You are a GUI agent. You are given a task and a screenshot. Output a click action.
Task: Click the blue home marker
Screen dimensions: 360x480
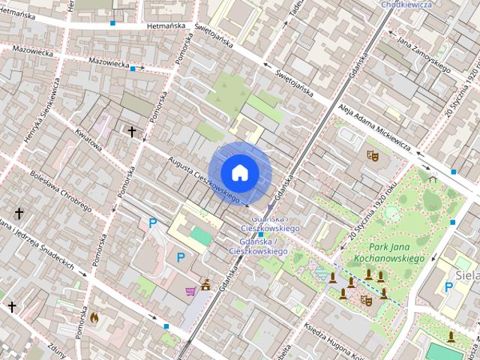click(239, 172)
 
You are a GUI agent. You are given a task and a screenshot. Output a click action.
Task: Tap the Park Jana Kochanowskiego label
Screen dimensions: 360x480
click(397, 253)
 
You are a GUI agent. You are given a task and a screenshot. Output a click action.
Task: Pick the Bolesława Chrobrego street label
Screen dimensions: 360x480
click(60, 192)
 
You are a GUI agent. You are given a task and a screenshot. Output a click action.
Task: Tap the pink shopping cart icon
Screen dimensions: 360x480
click(191, 290)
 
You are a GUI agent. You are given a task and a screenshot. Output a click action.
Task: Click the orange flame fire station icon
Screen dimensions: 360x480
click(94, 317)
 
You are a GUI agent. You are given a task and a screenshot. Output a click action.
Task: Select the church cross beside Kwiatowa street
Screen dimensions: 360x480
click(133, 132)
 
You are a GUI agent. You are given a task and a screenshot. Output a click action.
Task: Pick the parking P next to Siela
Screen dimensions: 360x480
click(449, 286)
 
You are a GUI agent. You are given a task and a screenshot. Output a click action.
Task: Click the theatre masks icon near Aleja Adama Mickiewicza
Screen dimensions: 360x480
click(370, 155)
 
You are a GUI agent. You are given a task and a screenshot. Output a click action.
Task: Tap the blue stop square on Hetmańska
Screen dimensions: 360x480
click(112, 23)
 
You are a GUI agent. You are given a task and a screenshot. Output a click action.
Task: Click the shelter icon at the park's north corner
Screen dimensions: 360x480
click(432, 178)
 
